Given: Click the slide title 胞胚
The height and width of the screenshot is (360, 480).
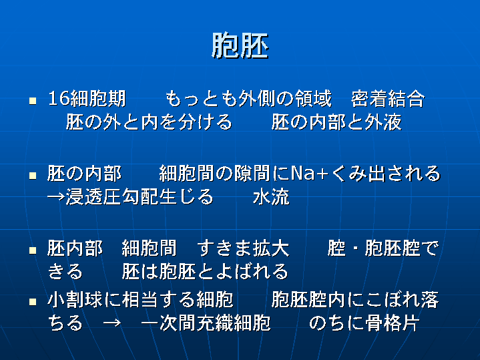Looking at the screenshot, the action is click(240, 45).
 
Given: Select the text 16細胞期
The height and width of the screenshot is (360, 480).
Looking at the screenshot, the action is click(87, 99).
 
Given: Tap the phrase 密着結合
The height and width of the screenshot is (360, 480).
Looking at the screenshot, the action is click(388, 99).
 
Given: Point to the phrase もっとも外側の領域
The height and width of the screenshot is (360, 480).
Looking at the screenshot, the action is click(248, 99).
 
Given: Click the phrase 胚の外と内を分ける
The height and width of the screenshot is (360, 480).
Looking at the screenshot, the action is click(149, 122).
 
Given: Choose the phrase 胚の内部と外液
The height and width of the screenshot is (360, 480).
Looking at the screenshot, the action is click(336, 122).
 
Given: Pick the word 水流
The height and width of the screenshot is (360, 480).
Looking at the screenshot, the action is click(271, 197).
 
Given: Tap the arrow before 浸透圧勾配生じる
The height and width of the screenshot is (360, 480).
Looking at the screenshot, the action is click(57, 197).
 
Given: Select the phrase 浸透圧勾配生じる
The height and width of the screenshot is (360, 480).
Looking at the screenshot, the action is click(140, 197).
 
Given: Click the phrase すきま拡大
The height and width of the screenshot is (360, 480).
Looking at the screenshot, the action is click(244, 248).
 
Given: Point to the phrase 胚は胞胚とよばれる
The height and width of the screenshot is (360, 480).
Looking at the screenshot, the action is click(205, 271).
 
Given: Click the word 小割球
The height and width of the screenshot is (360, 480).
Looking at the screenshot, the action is click(75, 300).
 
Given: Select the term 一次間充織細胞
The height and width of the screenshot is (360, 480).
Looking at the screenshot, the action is click(206, 323).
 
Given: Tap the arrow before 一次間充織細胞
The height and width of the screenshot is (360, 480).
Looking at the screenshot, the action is click(111, 323).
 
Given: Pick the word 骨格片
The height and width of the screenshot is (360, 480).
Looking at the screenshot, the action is click(393, 323).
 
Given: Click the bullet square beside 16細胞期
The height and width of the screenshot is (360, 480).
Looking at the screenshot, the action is click(33, 100).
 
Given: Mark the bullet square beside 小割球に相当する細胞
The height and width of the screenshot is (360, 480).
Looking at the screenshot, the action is click(33, 302).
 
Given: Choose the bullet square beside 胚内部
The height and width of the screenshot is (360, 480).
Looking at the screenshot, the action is click(33, 250).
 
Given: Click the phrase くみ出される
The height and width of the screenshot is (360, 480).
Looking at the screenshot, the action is click(385, 174).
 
